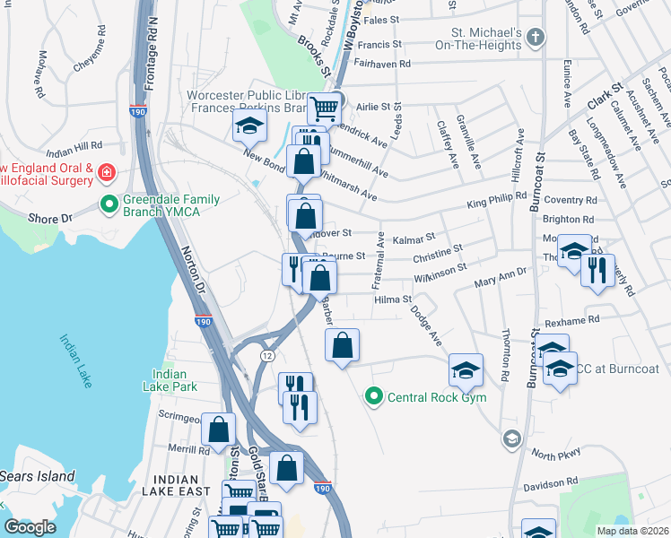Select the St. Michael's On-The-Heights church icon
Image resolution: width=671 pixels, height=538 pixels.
tap(536, 38)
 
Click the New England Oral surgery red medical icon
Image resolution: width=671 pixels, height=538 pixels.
tap(107, 170)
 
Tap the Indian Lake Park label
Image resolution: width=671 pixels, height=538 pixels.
tap(170, 380)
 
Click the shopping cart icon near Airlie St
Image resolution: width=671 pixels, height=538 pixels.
tap(325, 108)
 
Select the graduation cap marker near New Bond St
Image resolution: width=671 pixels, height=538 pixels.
tap(249, 126)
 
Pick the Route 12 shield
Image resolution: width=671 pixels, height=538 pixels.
tap(267, 356)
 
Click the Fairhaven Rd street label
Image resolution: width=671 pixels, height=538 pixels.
tap(381, 64)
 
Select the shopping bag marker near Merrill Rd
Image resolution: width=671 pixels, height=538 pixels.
tap(218, 430)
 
